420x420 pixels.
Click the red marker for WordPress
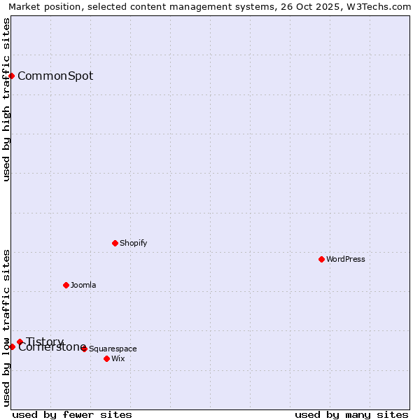[321, 259]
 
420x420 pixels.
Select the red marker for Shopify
[115, 243]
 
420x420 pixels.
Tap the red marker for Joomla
[66, 285]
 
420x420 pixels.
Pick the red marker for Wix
[106, 358]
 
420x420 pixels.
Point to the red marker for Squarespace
[84, 349]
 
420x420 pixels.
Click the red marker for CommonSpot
[12, 76]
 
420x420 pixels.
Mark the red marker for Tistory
[20, 342]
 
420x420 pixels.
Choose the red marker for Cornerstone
[12, 346]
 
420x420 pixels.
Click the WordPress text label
[346, 259]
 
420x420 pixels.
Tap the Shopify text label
[133, 243]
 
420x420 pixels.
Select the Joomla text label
[83, 285]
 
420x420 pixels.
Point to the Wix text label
[118, 358]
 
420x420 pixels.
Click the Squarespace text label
[113, 349]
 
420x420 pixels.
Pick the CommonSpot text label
[55, 76]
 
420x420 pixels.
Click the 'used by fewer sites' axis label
[72, 414]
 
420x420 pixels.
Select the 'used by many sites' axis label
[351, 414]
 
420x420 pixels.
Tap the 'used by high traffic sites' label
[6, 99]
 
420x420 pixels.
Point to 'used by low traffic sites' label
[6, 328]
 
